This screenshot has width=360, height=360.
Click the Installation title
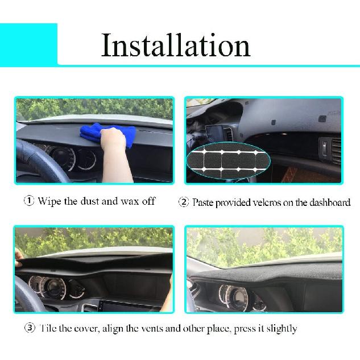point(176,45)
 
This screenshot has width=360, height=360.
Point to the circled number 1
point(28,201)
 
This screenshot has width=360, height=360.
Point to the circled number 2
point(184,202)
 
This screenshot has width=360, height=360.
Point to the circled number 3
point(29,328)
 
